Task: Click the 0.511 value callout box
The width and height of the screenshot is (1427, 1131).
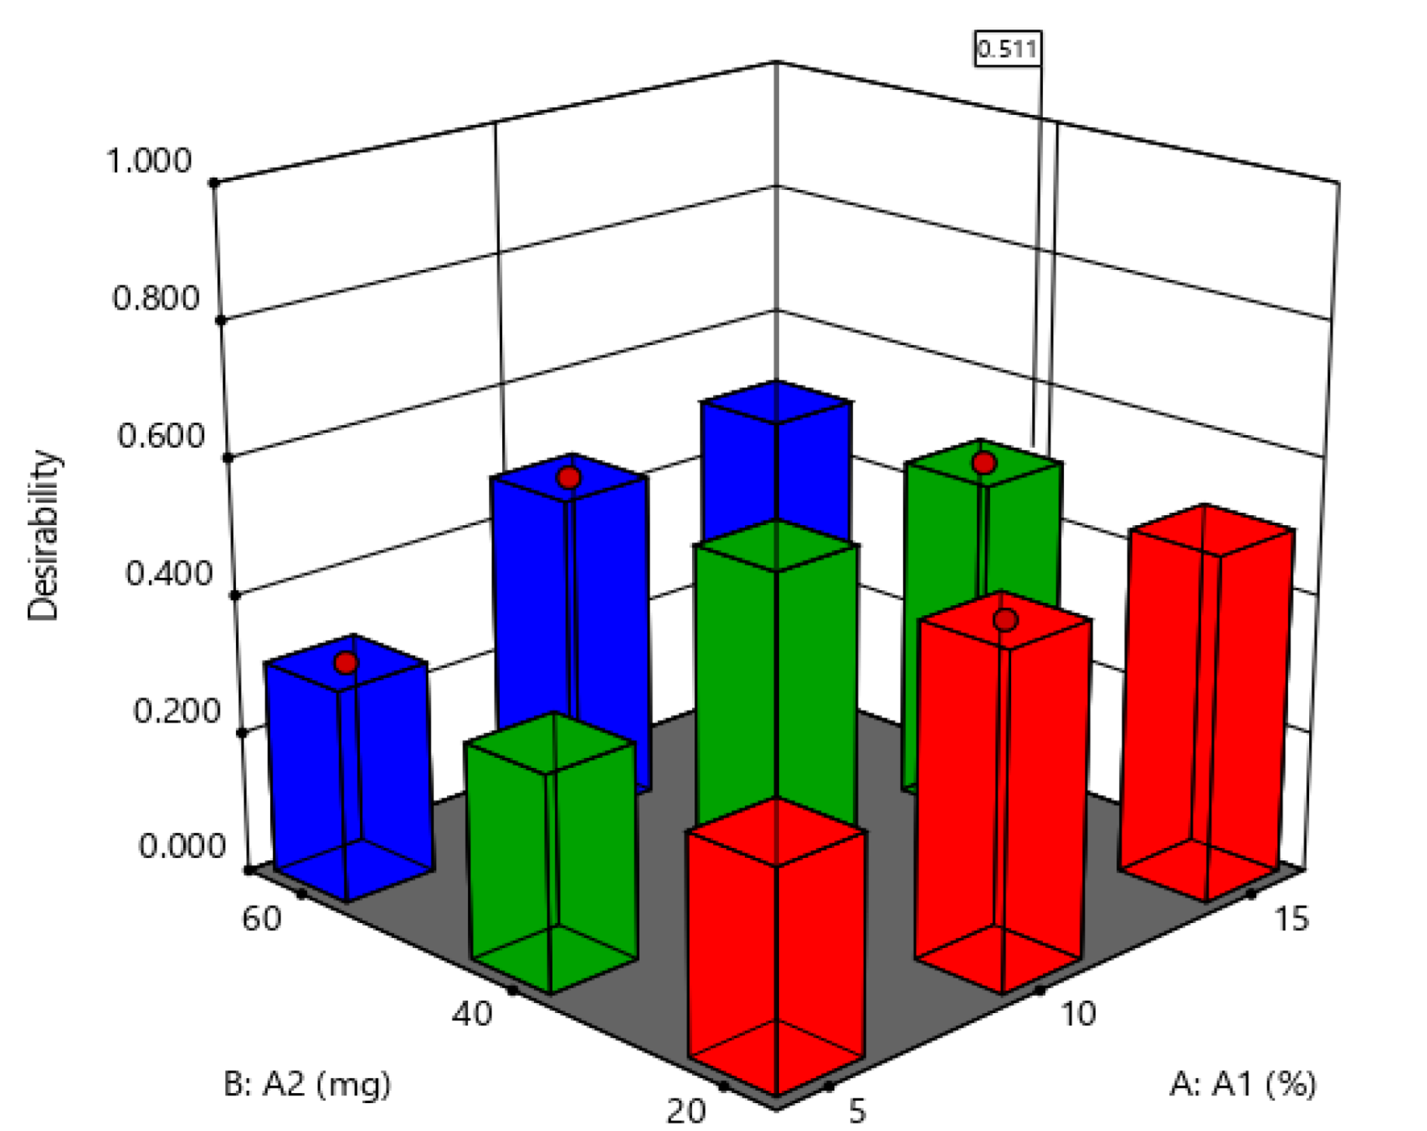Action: pos(1006,49)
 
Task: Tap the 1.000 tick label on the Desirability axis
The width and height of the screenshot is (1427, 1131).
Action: pos(148,161)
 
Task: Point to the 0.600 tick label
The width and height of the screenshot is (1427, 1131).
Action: pos(161,436)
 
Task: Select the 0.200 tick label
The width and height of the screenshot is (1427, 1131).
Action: pos(176,711)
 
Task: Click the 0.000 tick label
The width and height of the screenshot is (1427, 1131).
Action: pos(181,846)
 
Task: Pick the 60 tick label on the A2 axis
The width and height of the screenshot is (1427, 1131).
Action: pos(262,919)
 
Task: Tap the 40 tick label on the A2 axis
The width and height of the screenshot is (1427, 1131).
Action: pos(472,1014)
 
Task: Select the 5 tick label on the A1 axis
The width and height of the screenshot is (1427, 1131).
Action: pos(856,1112)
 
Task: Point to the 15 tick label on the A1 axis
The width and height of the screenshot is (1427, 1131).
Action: pos(1291,919)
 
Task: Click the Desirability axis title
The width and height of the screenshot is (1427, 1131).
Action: pos(43,535)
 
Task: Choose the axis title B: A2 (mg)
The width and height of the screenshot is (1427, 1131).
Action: pos(307,1084)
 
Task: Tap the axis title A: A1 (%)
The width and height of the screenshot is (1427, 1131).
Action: pos(1242,1084)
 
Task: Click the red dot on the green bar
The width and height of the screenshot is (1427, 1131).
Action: pos(984,463)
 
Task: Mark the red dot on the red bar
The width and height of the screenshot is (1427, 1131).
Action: pos(1006,620)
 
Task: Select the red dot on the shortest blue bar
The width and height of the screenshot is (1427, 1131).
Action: pos(346,662)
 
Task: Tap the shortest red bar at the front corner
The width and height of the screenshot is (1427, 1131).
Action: pos(776,954)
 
